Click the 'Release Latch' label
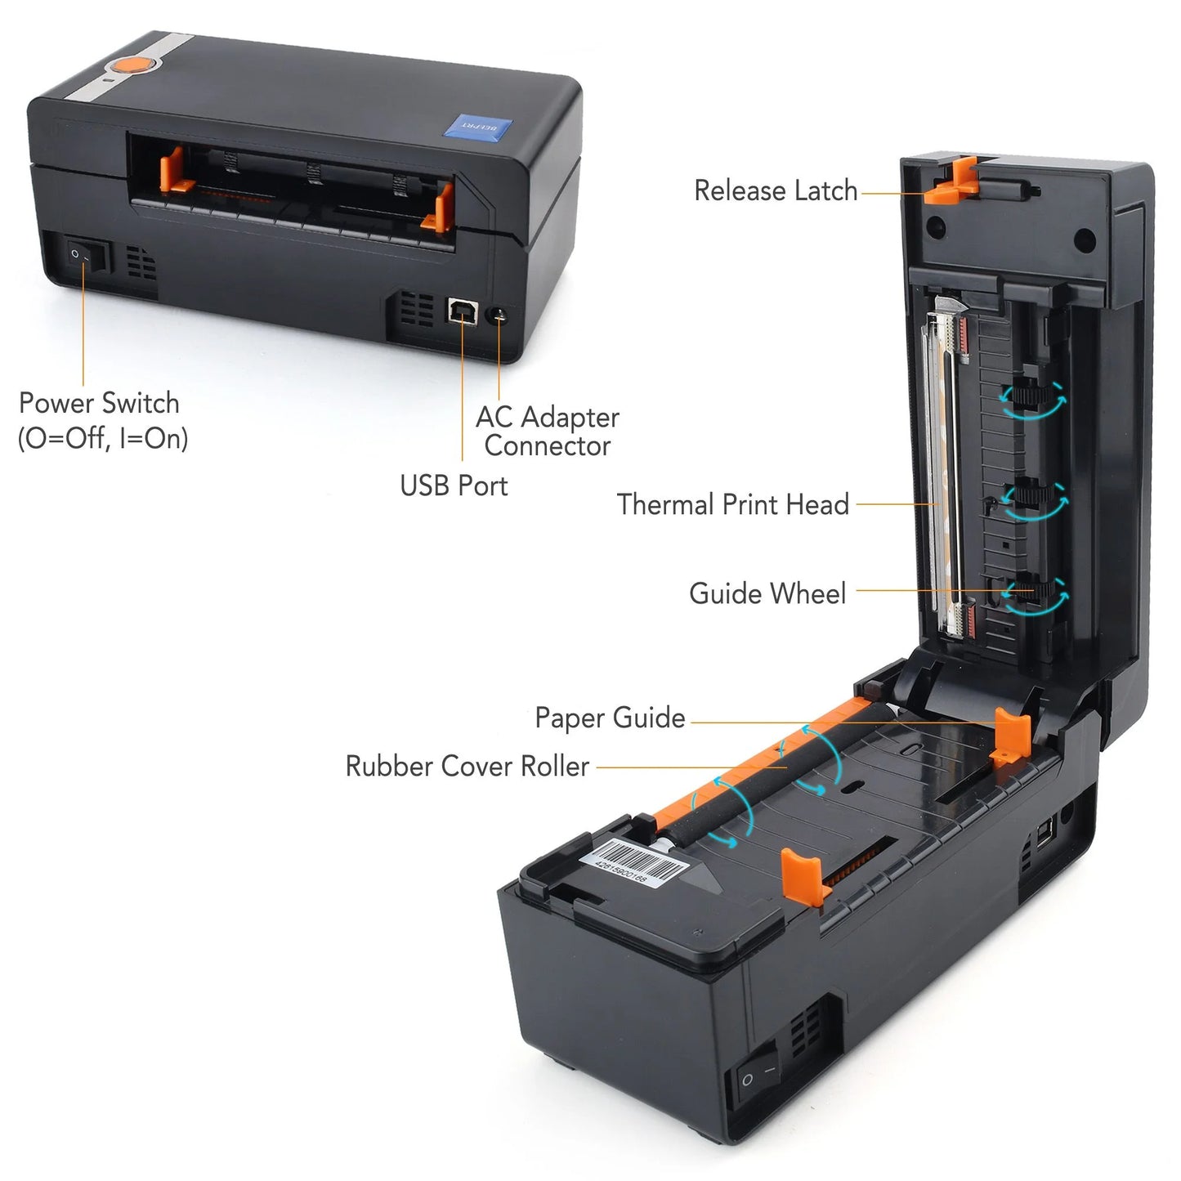tap(775, 191)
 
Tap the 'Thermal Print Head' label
tap(732, 504)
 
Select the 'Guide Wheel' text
tap(767, 593)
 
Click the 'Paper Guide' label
tap(610, 718)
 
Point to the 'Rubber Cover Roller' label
tap(467, 767)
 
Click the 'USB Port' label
tap(454, 485)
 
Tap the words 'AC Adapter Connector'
tap(548, 432)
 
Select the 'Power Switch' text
tap(100, 404)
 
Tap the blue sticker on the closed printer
tap(477, 127)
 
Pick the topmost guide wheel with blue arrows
tap(1031, 399)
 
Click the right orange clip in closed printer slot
tap(441, 208)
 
